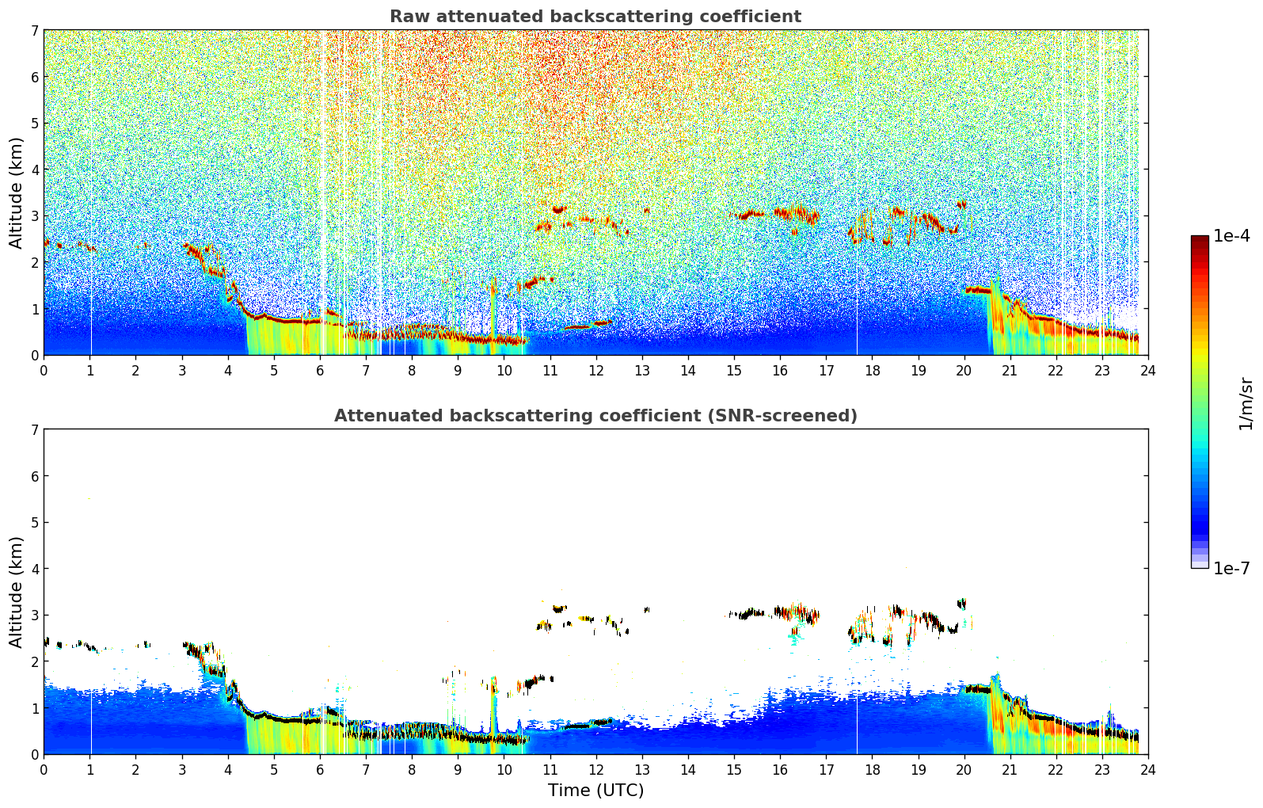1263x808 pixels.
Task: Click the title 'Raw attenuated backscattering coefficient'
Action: pos(595,17)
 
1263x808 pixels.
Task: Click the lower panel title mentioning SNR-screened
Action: pos(595,416)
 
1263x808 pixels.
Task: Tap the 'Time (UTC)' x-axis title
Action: pos(595,791)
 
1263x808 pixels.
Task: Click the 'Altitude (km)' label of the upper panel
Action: pos(16,192)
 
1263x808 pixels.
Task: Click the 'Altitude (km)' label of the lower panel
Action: pos(16,592)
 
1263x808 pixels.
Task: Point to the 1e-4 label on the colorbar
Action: pos(1231,236)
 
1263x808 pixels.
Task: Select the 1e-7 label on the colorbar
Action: pos(1231,568)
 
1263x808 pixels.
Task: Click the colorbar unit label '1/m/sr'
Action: pos(1246,404)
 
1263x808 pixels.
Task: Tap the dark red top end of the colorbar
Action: pos(1200,239)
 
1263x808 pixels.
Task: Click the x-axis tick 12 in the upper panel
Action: pos(595,370)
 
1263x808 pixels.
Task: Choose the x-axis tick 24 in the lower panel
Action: pos(1147,769)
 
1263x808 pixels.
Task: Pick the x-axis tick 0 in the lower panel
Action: pos(44,769)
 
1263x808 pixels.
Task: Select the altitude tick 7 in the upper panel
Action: pos(34,30)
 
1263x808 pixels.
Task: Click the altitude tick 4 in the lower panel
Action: pos(34,569)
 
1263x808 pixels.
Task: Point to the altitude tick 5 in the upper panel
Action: pos(34,123)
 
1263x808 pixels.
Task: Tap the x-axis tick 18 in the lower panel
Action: pos(872,769)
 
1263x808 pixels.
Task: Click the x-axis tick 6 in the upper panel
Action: pos(320,370)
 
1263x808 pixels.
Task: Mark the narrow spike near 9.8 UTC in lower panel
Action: pos(493,705)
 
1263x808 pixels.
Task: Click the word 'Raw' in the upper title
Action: pos(407,17)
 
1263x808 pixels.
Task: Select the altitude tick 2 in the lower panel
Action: pos(34,661)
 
